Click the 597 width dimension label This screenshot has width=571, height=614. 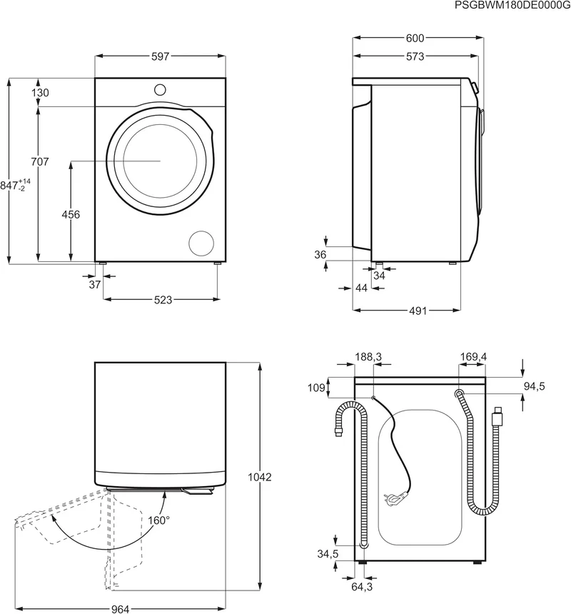pyautogui.click(x=160, y=56)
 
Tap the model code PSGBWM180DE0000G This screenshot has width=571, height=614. pyautogui.click(x=512, y=6)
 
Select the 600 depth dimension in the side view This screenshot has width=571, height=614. pyautogui.click(x=415, y=38)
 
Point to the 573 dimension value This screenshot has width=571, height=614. pyautogui.click(x=415, y=57)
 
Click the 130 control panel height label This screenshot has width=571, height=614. pyautogui.click(x=40, y=93)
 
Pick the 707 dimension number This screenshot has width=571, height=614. pyautogui.click(x=40, y=161)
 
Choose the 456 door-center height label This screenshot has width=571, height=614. pyautogui.click(x=71, y=215)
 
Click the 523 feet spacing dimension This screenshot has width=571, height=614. pyautogui.click(x=163, y=300)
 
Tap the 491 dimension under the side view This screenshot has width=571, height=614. pyautogui.click(x=418, y=311)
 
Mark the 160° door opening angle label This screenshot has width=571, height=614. pyautogui.click(x=159, y=520)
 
